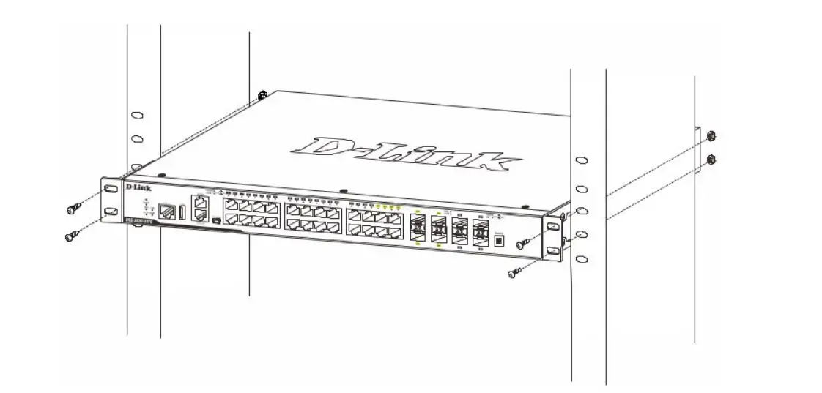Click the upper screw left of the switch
point(71,209)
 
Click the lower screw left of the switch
point(71,236)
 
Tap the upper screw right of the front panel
point(522,242)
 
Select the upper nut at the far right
point(711,136)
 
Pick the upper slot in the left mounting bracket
point(110,189)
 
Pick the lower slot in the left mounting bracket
point(110,212)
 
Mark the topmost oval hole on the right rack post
point(582,160)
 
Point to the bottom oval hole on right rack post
point(582,259)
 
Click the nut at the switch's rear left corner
point(262,95)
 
